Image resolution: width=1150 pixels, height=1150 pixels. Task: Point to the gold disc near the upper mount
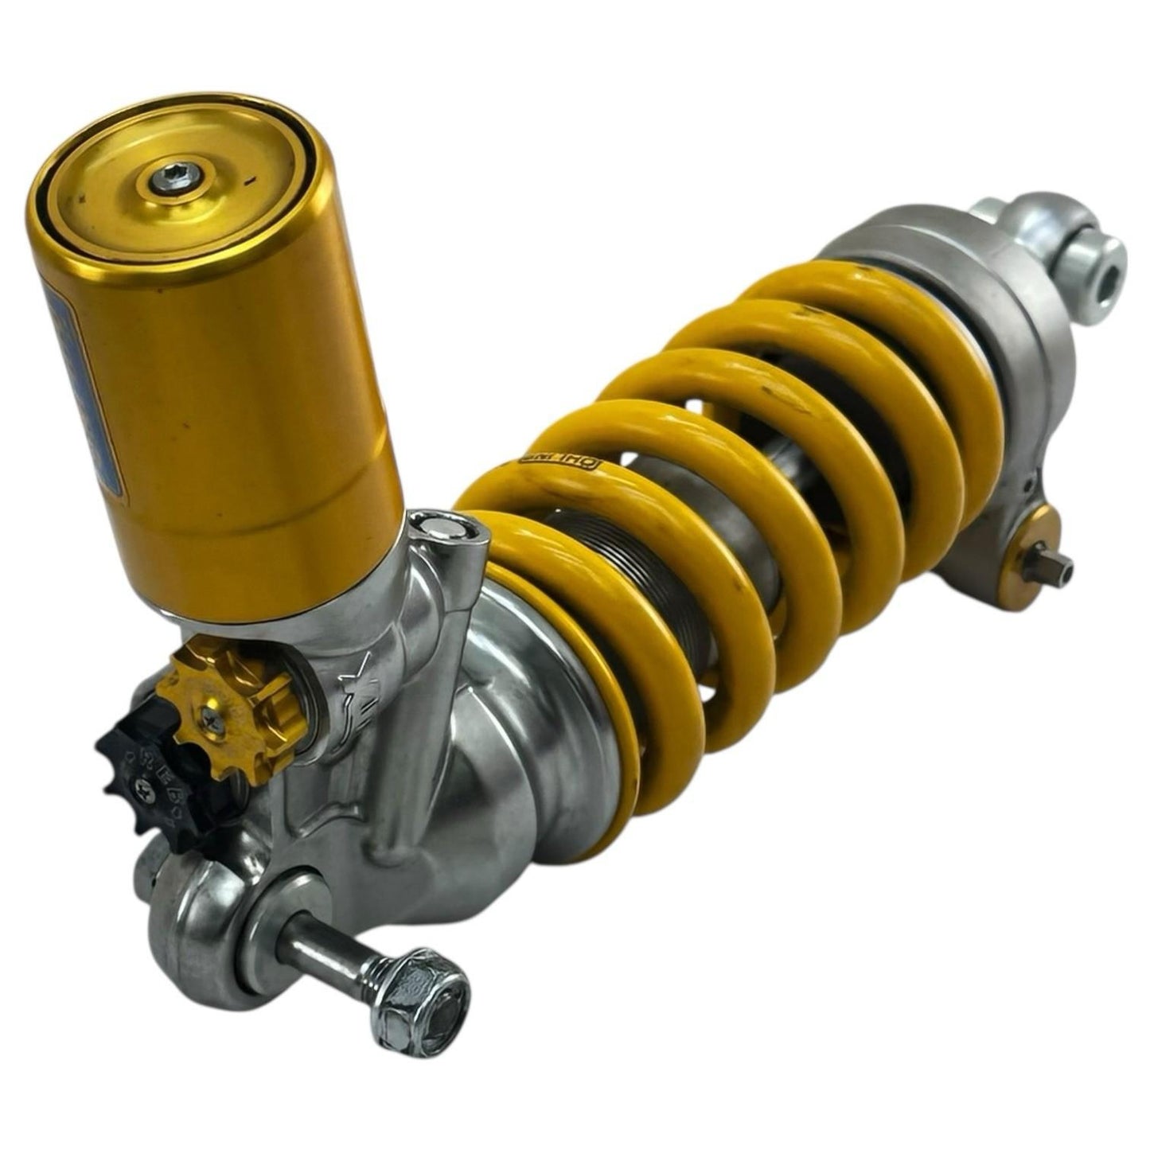(1037, 541)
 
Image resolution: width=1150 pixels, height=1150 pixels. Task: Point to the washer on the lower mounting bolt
(275, 931)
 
